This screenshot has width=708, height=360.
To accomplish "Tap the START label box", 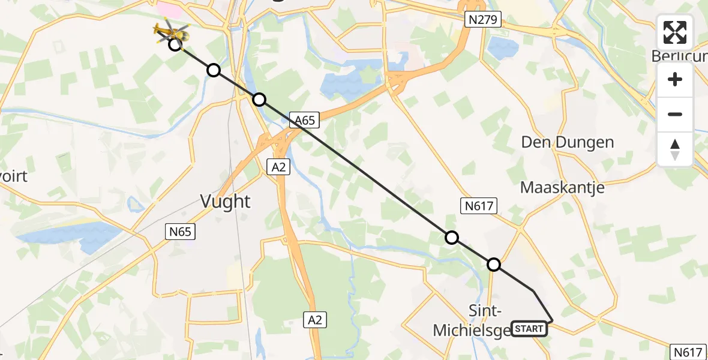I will point(529,329).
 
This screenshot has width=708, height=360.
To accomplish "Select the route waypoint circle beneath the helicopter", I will point(175,44).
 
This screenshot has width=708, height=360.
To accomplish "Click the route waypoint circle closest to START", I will point(494,264).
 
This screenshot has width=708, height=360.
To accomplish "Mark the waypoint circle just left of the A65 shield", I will point(259,100).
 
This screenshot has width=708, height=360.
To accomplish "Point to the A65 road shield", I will point(305,121).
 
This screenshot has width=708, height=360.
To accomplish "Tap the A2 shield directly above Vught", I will point(278,167).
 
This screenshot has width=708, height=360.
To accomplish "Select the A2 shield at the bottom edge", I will point(315,320).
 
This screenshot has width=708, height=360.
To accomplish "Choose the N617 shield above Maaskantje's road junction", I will point(479,206).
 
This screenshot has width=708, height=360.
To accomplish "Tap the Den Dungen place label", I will point(567,143).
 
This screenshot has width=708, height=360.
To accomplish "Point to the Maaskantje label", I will point(562,187).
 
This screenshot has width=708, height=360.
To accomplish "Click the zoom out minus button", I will point(675,115).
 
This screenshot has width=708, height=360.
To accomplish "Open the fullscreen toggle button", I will point(675,33).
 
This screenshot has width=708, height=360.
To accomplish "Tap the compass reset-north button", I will point(675,149).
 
